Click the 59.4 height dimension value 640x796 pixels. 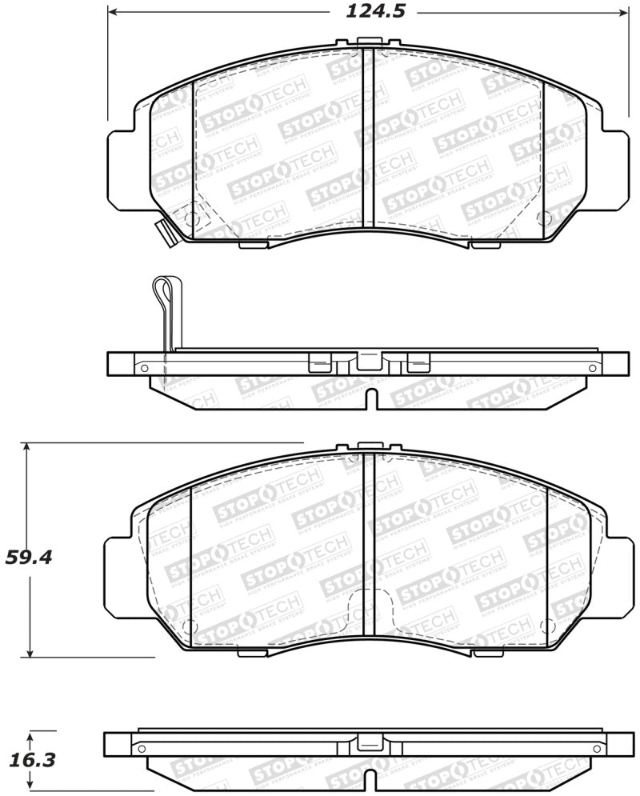pyautogui.click(x=29, y=557)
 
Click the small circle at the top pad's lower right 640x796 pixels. pyautogui.click(x=543, y=218)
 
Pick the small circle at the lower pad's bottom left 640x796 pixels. pyautogui.click(x=189, y=626)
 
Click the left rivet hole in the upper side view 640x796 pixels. pyautogui.click(x=144, y=368)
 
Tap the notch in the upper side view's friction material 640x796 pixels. pyautogui.click(x=369, y=398)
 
